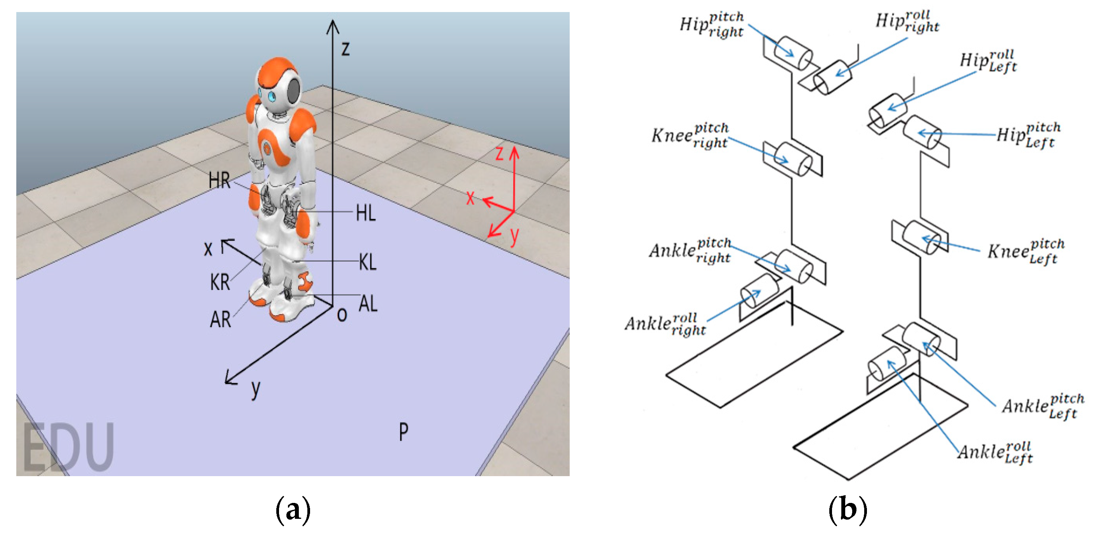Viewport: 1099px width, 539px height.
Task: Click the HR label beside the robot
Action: point(219,180)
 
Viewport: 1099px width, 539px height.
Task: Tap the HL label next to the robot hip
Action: point(366,213)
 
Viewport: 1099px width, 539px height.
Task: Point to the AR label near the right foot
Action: point(220,319)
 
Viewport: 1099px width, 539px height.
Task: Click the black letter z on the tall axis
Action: point(345,48)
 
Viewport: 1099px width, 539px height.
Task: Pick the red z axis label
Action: point(499,153)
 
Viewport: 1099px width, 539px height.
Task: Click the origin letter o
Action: point(342,315)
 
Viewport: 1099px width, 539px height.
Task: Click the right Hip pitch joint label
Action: point(712,25)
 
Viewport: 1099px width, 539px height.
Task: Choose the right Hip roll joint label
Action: point(907,21)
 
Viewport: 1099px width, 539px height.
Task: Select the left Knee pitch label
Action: point(1026,251)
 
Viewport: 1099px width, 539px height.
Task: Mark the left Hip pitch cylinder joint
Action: point(922,132)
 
